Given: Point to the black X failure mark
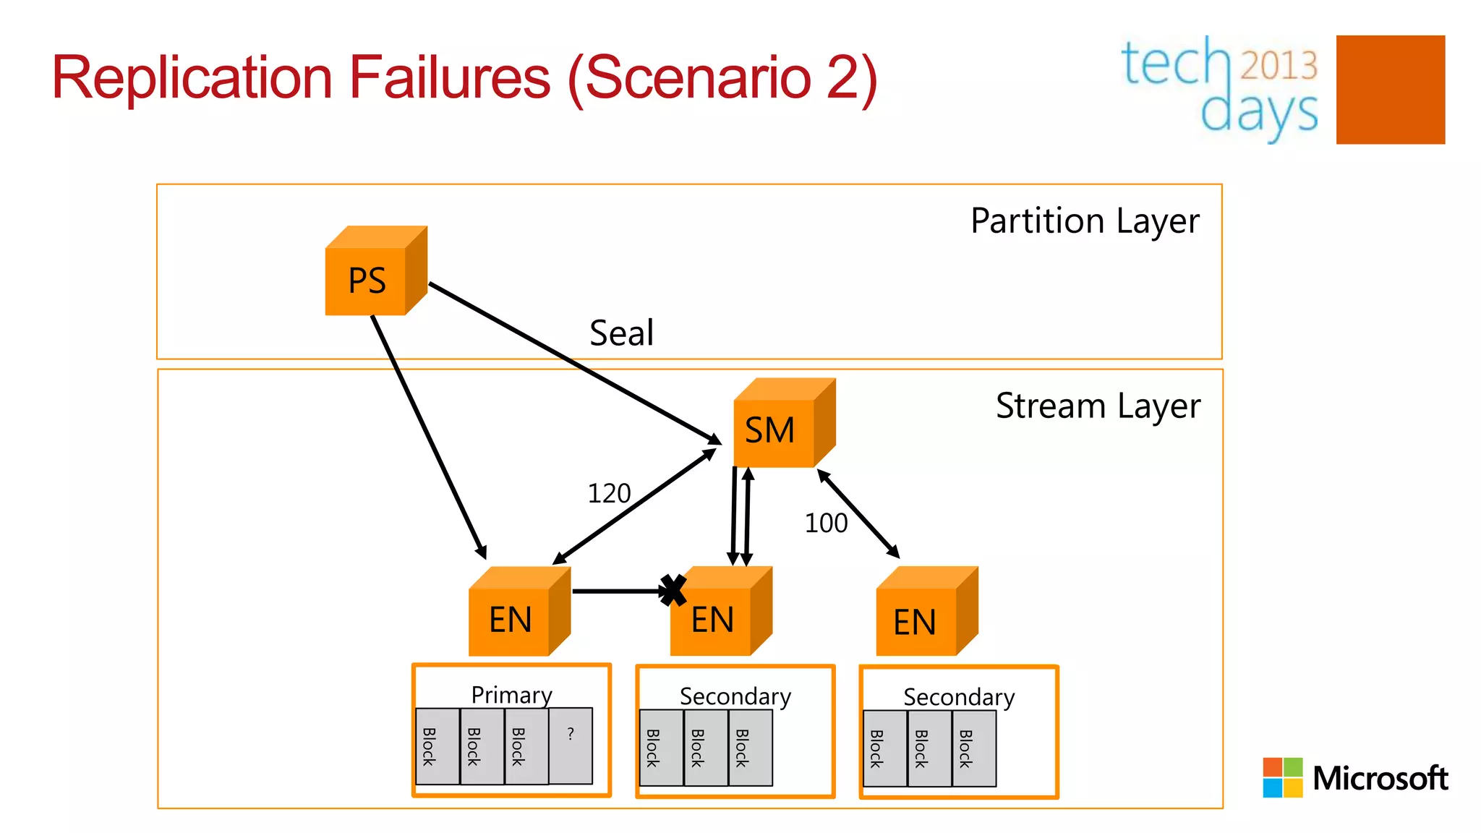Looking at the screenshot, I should click(673, 590).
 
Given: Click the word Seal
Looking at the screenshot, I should click(621, 333).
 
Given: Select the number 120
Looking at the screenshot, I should click(609, 494).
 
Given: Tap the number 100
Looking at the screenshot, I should click(826, 523).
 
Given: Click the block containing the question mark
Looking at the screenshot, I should click(571, 746).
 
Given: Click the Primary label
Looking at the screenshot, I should click(511, 695).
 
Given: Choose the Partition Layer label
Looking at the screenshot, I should click(1085, 221).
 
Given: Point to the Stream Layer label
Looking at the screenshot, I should click(1098, 406).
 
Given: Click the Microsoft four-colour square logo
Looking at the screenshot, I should click(1282, 777).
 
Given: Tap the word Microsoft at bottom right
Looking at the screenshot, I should click(1380, 779).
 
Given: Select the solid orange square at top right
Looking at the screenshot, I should click(1390, 90).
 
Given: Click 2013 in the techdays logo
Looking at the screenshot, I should click(1279, 65).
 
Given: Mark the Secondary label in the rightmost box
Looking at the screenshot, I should click(959, 697).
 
